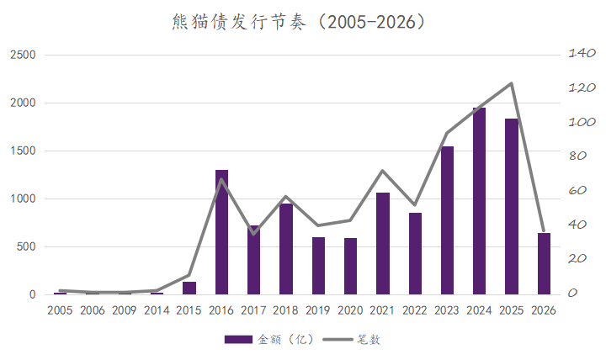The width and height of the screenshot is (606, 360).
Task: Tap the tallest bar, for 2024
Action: point(479,201)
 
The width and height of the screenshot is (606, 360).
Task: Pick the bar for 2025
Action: point(512,207)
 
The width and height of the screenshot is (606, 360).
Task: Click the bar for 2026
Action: point(544,264)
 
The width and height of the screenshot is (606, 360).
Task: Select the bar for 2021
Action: point(383,244)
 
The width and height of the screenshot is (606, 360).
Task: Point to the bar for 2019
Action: point(318,266)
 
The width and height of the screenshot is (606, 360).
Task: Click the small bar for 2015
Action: point(189,289)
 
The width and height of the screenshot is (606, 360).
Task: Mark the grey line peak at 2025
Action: point(512,83)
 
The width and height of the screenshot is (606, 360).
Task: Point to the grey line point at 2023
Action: point(447,133)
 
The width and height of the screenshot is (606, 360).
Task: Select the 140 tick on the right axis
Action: point(582,53)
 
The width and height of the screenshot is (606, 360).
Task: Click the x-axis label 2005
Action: point(60,310)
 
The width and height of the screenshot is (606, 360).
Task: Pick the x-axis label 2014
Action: point(157,310)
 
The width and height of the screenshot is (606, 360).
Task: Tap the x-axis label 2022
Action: point(415,310)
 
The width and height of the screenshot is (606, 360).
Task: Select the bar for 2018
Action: point(286,249)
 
